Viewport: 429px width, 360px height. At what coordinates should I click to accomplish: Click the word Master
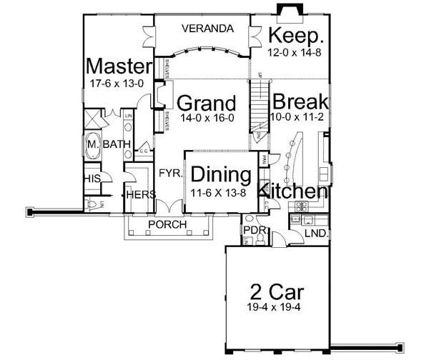click(118, 67)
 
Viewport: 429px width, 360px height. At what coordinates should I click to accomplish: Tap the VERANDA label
click(207, 29)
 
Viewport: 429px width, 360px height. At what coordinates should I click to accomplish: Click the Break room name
click(299, 101)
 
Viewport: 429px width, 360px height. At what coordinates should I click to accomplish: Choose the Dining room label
click(220, 176)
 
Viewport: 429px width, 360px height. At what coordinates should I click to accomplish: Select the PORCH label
click(167, 225)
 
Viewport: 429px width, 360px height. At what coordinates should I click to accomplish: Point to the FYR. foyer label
click(169, 173)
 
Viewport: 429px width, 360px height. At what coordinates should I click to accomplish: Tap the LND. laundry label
click(315, 234)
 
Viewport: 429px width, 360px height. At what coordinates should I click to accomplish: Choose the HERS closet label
click(139, 194)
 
